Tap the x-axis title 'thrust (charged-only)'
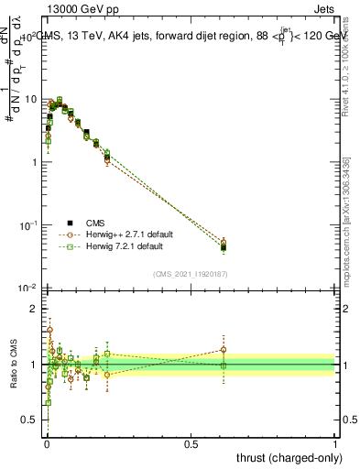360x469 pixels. (x=287, y=456)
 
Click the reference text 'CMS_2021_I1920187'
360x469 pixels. (x=190, y=273)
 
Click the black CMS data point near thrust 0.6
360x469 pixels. (x=224, y=247)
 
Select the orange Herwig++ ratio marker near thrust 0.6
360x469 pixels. (x=224, y=350)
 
